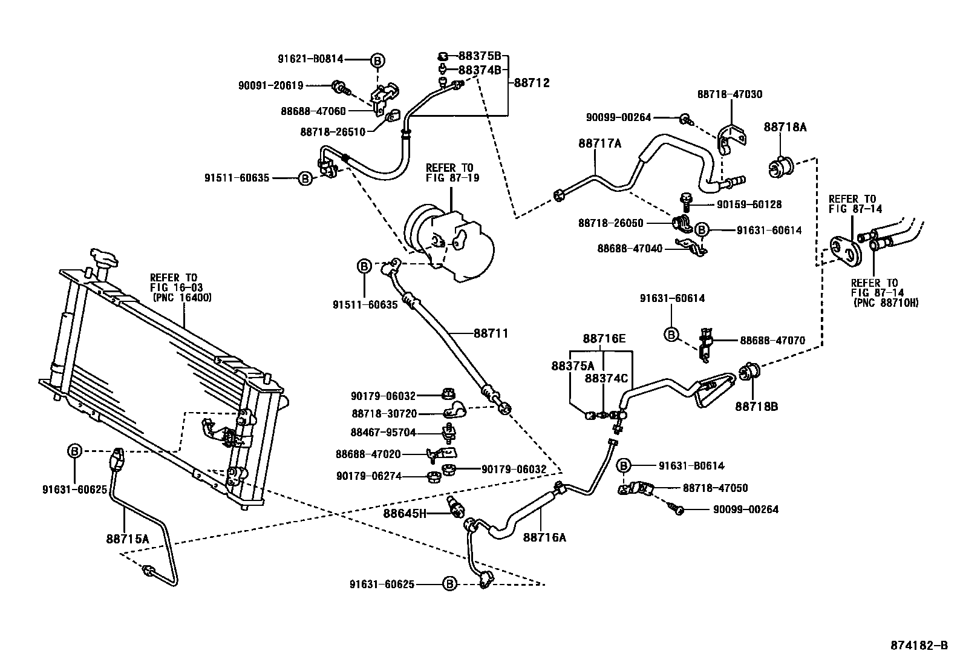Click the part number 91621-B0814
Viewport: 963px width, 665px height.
point(311,59)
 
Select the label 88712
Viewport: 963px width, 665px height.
point(532,83)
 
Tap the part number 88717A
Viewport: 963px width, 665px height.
point(599,143)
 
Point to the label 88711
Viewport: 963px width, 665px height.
point(491,333)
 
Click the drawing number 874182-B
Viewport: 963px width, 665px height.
point(919,645)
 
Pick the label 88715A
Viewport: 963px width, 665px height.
point(128,537)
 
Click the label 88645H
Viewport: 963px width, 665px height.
point(405,514)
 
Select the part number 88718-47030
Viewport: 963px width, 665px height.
point(730,94)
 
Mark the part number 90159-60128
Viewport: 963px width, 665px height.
point(749,205)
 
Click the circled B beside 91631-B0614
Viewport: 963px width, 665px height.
point(624,465)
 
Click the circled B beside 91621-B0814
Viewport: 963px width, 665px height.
point(377,60)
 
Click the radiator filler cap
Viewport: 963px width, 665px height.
point(105,259)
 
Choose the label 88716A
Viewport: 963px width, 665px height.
point(544,537)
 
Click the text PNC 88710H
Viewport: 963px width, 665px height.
point(886,303)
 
